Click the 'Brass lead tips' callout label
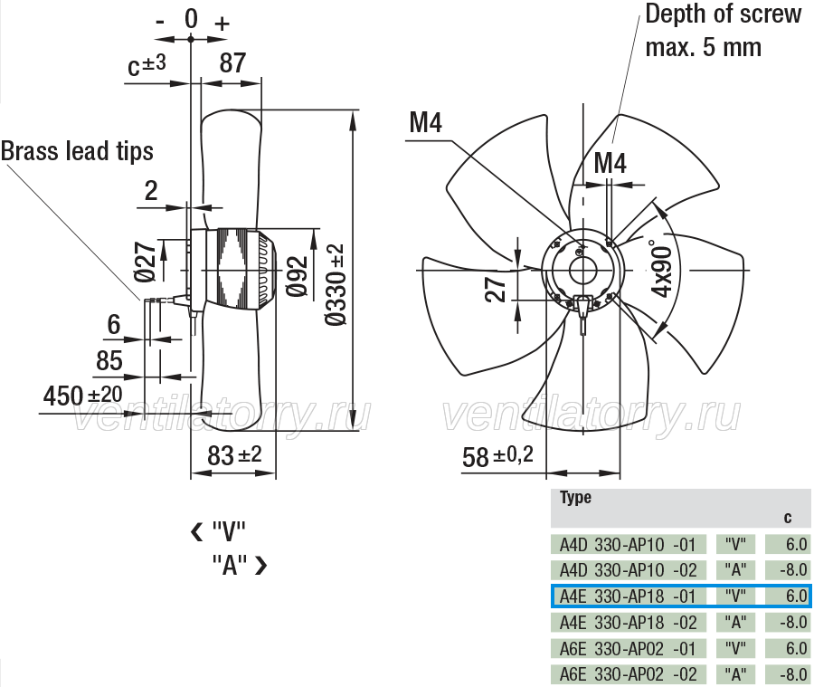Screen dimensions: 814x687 point(77,151)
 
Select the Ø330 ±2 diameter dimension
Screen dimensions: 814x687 point(336,285)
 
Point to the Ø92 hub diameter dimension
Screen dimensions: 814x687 point(298,276)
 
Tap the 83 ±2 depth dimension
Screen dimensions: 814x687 point(234,456)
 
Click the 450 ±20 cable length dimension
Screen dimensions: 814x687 point(82,396)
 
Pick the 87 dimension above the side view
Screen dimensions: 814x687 point(232,62)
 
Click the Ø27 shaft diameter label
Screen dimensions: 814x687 point(145,262)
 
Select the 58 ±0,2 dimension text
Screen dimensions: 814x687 point(497,457)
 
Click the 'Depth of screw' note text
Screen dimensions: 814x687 point(724,14)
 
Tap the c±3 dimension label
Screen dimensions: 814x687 point(147,65)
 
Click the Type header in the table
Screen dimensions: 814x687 point(575,497)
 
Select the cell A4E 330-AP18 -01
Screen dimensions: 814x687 point(628,596)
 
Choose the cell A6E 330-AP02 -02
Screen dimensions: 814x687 point(629,674)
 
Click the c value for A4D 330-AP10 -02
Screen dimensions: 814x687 point(788,570)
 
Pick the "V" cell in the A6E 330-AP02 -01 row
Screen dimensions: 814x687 point(735,649)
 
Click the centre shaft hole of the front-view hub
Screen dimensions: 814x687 point(583,270)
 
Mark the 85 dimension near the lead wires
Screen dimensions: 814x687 point(109,360)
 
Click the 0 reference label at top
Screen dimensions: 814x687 point(191,19)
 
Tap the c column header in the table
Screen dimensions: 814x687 point(788,518)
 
